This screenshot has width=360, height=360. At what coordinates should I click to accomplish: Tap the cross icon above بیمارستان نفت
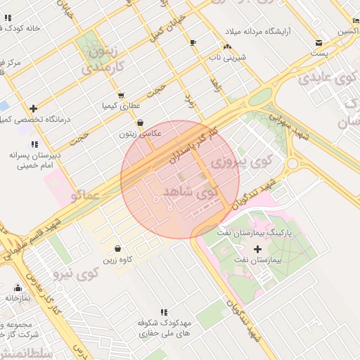[x=257, y=249]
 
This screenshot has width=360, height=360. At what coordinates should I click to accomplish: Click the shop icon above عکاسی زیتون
[x=140, y=122]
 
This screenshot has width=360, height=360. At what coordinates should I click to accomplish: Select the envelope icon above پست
[x=320, y=42]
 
